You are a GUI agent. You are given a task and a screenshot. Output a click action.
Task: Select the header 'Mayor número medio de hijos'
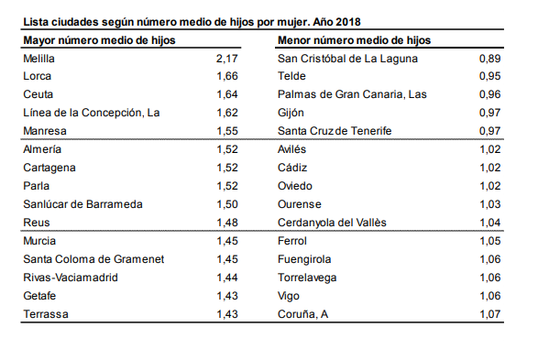[x=98, y=40]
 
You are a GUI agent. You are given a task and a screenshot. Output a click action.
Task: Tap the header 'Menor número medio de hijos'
[x=354, y=40]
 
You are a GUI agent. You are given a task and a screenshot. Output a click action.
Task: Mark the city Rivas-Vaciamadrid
[x=70, y=277]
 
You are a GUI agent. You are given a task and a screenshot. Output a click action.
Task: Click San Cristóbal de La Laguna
[x=347, y=58]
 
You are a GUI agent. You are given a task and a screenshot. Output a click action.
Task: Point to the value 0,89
[x=490, y=58]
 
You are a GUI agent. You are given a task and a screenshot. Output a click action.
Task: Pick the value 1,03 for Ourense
[x=490, y=203]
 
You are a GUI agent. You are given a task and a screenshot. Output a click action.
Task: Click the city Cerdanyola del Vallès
[x=332, y=222]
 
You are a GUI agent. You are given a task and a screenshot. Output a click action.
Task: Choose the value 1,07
[x=490, y=313]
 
